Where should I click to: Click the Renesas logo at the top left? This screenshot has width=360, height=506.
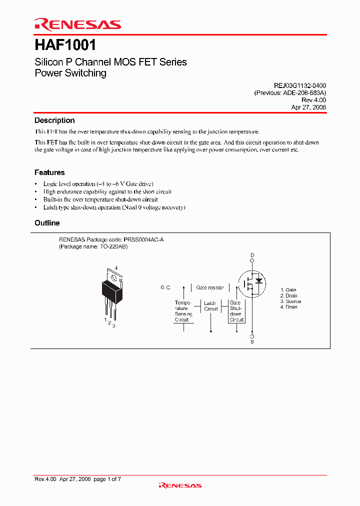(77, 24)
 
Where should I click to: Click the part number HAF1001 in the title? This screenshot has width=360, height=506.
(65, 45)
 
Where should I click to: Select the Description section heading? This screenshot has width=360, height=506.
(54, 120)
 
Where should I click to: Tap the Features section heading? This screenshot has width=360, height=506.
(49, 172)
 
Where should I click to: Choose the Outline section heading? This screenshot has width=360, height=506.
(47, 223)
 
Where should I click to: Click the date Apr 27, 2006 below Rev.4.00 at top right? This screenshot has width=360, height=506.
(308, 107)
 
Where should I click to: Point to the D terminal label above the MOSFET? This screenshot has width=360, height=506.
(252, 255)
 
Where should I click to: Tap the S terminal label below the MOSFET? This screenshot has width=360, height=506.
(252, 342)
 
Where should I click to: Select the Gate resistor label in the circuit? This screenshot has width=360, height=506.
(209, 288)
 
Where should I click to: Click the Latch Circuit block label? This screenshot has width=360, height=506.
(210, 306)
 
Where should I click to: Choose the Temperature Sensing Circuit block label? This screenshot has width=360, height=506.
(182, 311)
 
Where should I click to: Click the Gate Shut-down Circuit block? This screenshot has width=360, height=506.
(236, 311)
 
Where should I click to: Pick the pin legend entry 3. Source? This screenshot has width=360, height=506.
(290, 301)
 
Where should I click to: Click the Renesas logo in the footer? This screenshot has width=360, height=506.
(180, 485)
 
